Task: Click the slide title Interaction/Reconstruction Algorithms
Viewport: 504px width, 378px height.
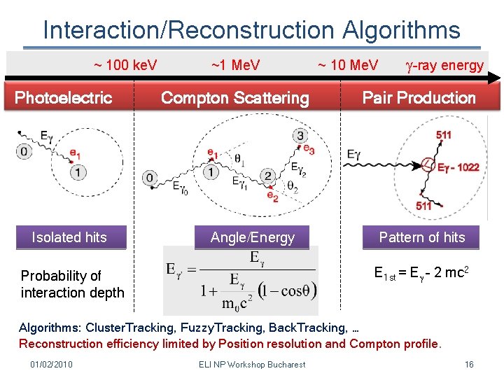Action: pyautogui.click(x=251, y=30)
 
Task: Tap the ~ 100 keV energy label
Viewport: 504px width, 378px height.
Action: pyautogui.click(x=125, y=66)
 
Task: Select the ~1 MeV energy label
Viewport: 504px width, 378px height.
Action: pyautogui.click(x=235, y=66)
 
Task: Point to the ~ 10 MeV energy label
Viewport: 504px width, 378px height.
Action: pyautogui.click(x=347, y=66)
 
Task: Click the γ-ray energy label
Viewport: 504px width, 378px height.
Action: pyautogui.click(x=445, y=66)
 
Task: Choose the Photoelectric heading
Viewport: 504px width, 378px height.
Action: pyautogui.click(x=64, y=98)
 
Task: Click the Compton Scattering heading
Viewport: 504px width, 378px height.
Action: pyautogui.click(x=234, y=98)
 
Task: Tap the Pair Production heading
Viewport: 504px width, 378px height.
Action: pyautogui.click(x=419, y=98)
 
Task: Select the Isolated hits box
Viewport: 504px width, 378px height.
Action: pyautogui.click(x=69, y=237)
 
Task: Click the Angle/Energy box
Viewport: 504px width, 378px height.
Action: pyautogui.click(x=253, y=238)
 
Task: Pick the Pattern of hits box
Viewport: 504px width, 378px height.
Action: pyautogui.click(x=421, y=237)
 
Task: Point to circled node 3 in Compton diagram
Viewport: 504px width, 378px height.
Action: pyautogui.click(x=300, y=136)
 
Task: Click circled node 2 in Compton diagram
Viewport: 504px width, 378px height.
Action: pyautogui.click(x=267, y=176)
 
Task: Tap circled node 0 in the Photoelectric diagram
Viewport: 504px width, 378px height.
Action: pyautogui.click(x=25, y=151)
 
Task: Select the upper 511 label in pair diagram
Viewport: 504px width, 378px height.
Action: pyautogui.click(x=443, y=135)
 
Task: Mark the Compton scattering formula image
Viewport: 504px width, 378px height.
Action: pyautogui.click(x=240, y=281)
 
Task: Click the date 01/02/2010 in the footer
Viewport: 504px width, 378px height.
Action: pyautogui.click(x=51, y=364)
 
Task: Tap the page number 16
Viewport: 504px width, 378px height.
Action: pyautogui.click(x=469, y=364)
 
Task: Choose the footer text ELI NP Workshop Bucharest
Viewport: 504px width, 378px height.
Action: pyautogui.click(x=252, y=364)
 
